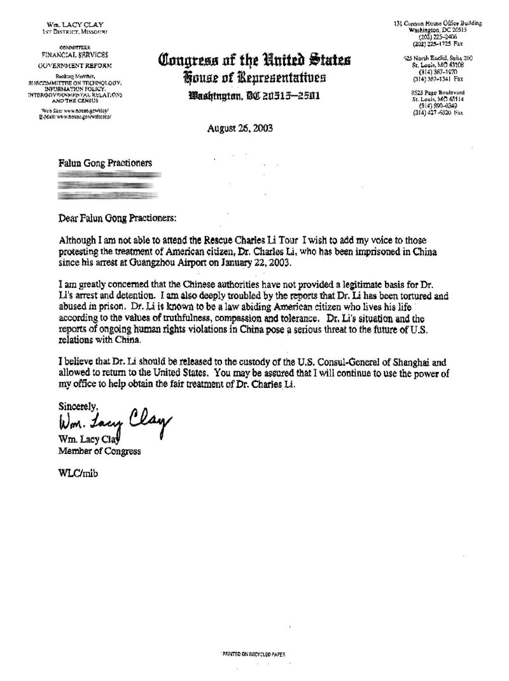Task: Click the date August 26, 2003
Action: tap(239, 127)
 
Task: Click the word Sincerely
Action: tap(78, 405)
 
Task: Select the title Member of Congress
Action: tap(99, 451)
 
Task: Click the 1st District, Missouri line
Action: tap(67, 31)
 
